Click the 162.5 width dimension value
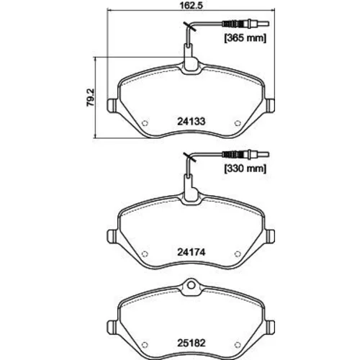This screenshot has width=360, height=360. coord(192,5)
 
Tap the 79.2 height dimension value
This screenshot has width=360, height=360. coord(91,97)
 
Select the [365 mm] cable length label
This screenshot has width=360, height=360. coord(246,38)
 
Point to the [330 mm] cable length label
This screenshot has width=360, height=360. coord(246,168)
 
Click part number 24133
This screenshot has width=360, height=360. coord(192,122)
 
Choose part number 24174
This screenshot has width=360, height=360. coord(192,252)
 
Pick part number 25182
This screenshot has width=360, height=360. coord(192,343)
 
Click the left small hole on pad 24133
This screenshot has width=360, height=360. coord(145,123)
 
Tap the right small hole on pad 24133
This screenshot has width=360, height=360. coord(238,123)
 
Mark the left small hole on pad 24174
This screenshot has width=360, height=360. coord(145,253)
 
